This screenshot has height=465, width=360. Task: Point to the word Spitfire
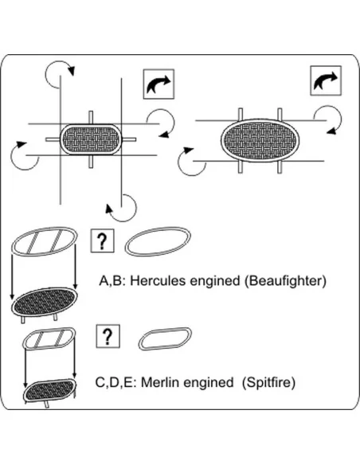pos(268,382)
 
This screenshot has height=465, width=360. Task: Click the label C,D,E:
pos(115,382)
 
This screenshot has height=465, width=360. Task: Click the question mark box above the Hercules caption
pos(102,240)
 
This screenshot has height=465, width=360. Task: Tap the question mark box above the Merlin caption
pos(108,336)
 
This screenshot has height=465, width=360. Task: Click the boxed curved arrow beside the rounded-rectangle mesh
pos(158,84)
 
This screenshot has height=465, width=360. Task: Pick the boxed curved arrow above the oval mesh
pos(326,80)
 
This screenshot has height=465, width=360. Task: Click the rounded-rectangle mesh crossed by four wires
pos(91,139)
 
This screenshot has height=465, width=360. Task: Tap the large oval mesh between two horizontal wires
pos(260,140)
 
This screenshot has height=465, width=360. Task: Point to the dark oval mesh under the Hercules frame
pos(45,302)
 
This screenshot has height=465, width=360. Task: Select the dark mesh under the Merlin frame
pos(49,390)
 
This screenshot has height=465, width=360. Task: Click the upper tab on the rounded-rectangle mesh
pos(91,118)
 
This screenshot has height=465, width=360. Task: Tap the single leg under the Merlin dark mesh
pos(46,404)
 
